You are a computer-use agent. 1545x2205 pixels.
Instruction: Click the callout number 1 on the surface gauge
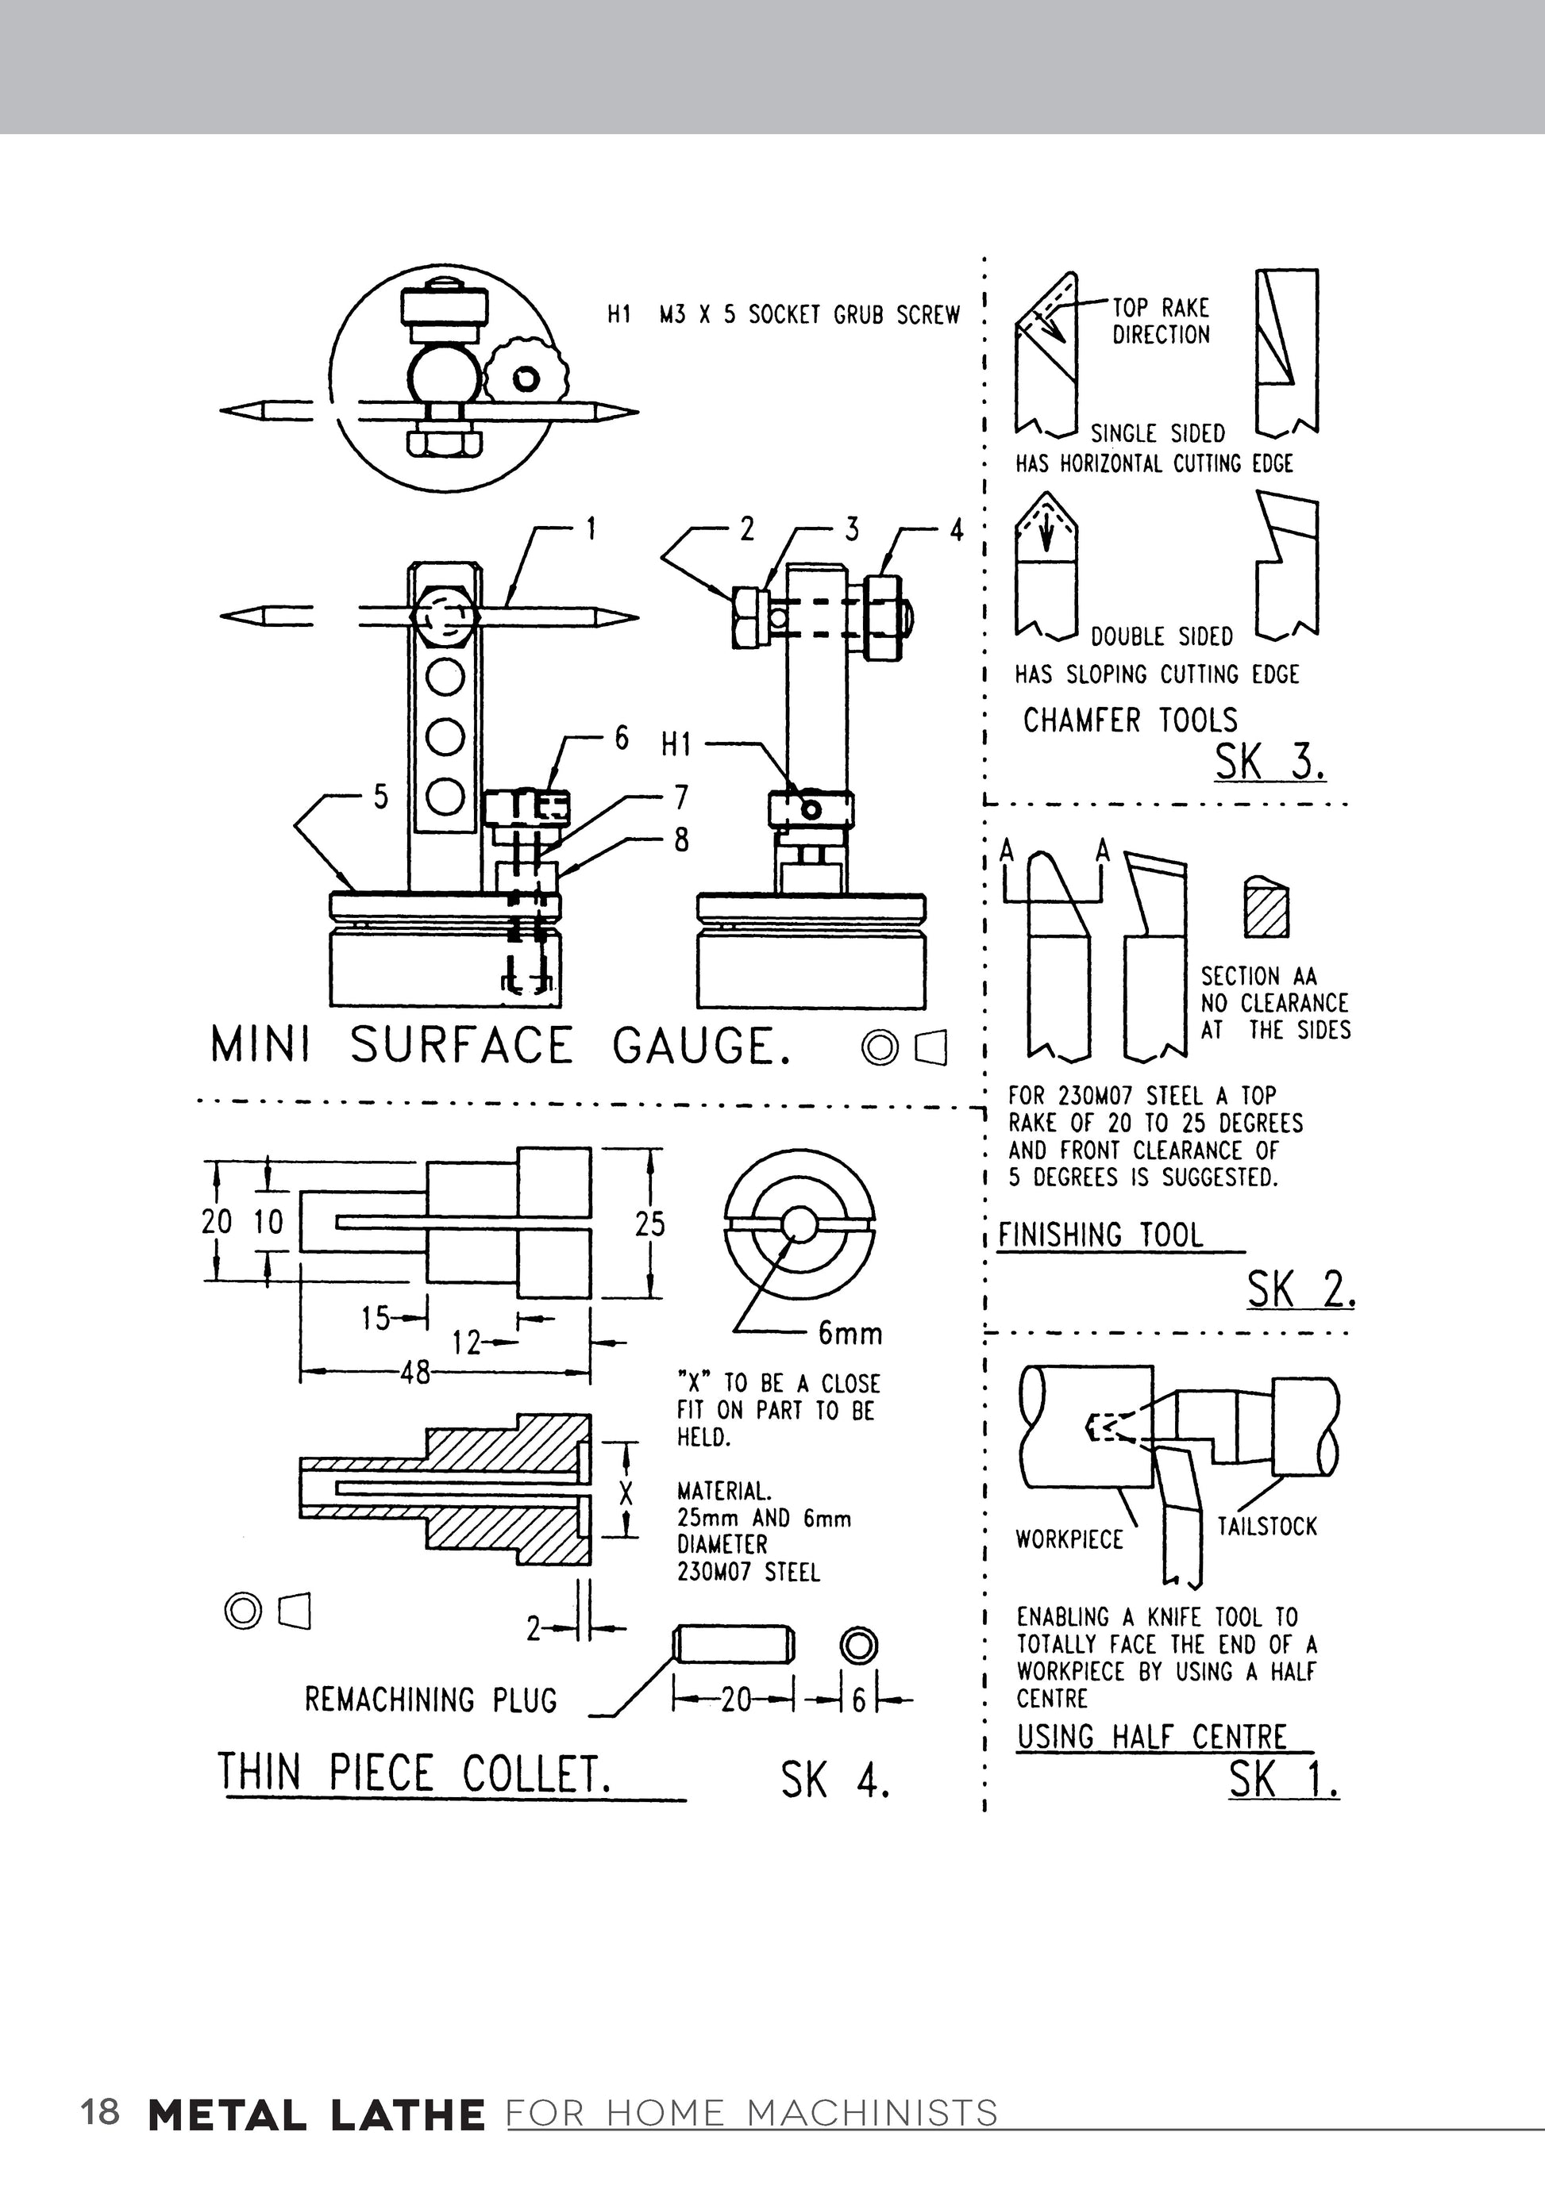click(x=591, y=529)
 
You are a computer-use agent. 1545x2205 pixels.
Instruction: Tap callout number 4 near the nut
click(x=956, y=530)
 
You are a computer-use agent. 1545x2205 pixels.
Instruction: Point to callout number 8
click(x=680, y=840)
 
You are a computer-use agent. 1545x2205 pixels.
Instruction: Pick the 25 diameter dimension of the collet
click(x=649, y=1224)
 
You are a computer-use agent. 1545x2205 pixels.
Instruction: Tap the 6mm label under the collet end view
click(x=850, y=1333)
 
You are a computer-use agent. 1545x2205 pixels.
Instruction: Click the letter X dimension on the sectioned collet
click(x=626, y=1493)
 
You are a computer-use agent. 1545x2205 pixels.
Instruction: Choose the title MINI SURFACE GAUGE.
click(x=499, y=1046)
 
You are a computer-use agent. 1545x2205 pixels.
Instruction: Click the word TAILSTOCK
click(x=1266, y=1526)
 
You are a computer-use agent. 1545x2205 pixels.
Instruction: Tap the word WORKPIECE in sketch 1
click(x=1069, y=1539)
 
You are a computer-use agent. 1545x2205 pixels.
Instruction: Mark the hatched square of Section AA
click(x=1266, y=909)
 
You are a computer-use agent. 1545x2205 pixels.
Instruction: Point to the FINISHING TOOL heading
click(x=1100, y=1235)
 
